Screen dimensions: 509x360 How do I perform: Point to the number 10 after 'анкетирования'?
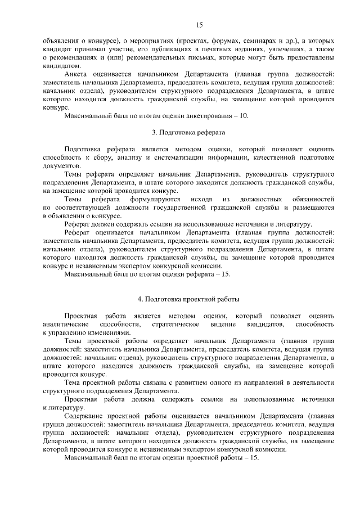click(x=244, y=116)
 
